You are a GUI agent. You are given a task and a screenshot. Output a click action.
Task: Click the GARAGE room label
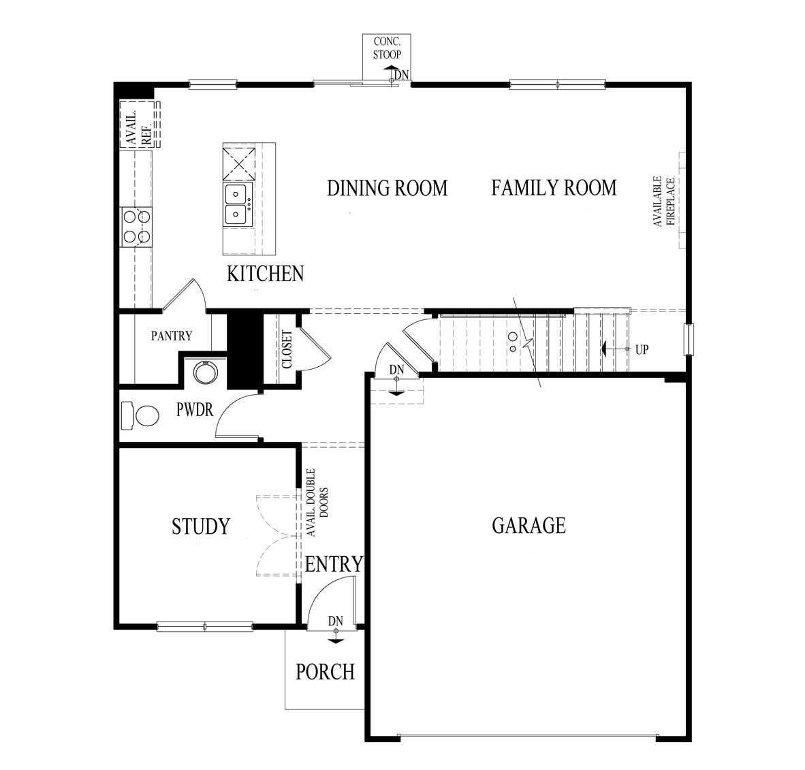(528, 525)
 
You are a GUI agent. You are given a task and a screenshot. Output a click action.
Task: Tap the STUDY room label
(201, 526)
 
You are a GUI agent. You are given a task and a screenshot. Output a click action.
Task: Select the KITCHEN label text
(265, 274)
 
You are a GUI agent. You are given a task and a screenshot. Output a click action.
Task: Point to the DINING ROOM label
(388, 188)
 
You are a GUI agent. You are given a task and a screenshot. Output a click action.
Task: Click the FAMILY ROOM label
(554, 187)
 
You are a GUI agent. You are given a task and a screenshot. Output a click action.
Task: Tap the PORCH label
(325, 672)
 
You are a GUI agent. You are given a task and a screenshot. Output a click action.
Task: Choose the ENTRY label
(333, 564)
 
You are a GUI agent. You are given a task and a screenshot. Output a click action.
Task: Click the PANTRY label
(172, 336)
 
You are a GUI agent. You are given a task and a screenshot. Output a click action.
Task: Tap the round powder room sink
(205, 372)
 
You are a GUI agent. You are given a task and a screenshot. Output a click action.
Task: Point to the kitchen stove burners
(136, 227)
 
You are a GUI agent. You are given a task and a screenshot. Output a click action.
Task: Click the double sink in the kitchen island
(236, 204)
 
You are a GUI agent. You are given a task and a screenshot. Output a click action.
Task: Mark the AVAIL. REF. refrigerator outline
(139, 125)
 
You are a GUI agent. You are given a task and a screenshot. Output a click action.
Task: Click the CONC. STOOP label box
(387, 48)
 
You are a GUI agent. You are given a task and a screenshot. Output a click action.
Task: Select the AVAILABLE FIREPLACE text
(664, 202)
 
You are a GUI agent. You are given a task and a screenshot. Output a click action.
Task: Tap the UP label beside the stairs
(642, 350)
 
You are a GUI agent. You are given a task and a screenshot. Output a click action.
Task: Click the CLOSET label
(287, 349)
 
